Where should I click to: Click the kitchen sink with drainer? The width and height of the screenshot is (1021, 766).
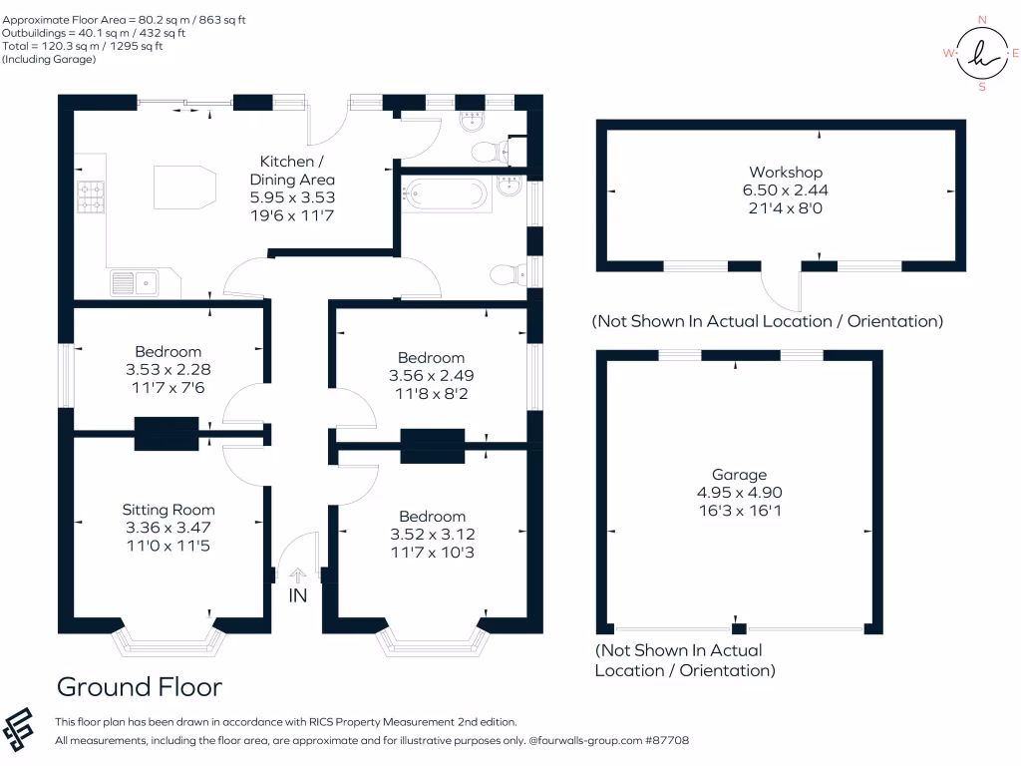(x=135, y=283)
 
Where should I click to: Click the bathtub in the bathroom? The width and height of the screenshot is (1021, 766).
(x=445, y=193)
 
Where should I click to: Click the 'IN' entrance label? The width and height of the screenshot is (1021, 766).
(x=297, y=595)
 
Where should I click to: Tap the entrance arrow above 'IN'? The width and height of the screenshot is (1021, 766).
(x=297, y=574)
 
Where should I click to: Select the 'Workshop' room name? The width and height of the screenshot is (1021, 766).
(x=786, y=173)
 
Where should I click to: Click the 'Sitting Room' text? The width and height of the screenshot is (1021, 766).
(x=169, y=510)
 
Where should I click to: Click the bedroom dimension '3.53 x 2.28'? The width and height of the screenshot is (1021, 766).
(x=169, y=369)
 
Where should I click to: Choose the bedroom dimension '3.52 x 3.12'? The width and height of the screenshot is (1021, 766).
(x=432, y=534)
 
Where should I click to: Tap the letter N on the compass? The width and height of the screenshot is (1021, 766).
(x=982, y=19)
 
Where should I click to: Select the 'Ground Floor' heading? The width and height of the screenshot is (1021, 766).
(x=139, y=686)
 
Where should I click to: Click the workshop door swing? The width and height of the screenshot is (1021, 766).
(x=782, y=291)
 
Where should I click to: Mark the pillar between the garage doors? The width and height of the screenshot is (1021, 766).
(x=738, y=627)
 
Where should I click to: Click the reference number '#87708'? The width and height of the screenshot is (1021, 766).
(x=666, y=741)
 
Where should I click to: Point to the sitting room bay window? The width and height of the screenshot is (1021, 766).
(x=169, y=643)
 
